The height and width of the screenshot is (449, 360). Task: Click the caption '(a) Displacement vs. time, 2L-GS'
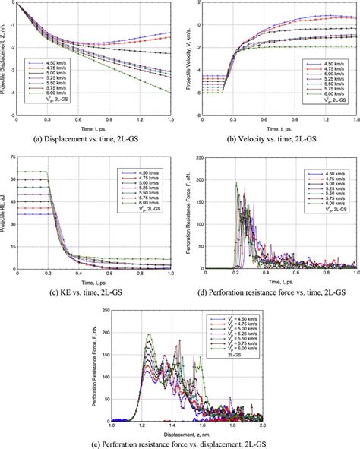tap(90, 138)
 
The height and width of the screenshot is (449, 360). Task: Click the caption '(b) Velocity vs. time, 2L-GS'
tap(270, 138)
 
